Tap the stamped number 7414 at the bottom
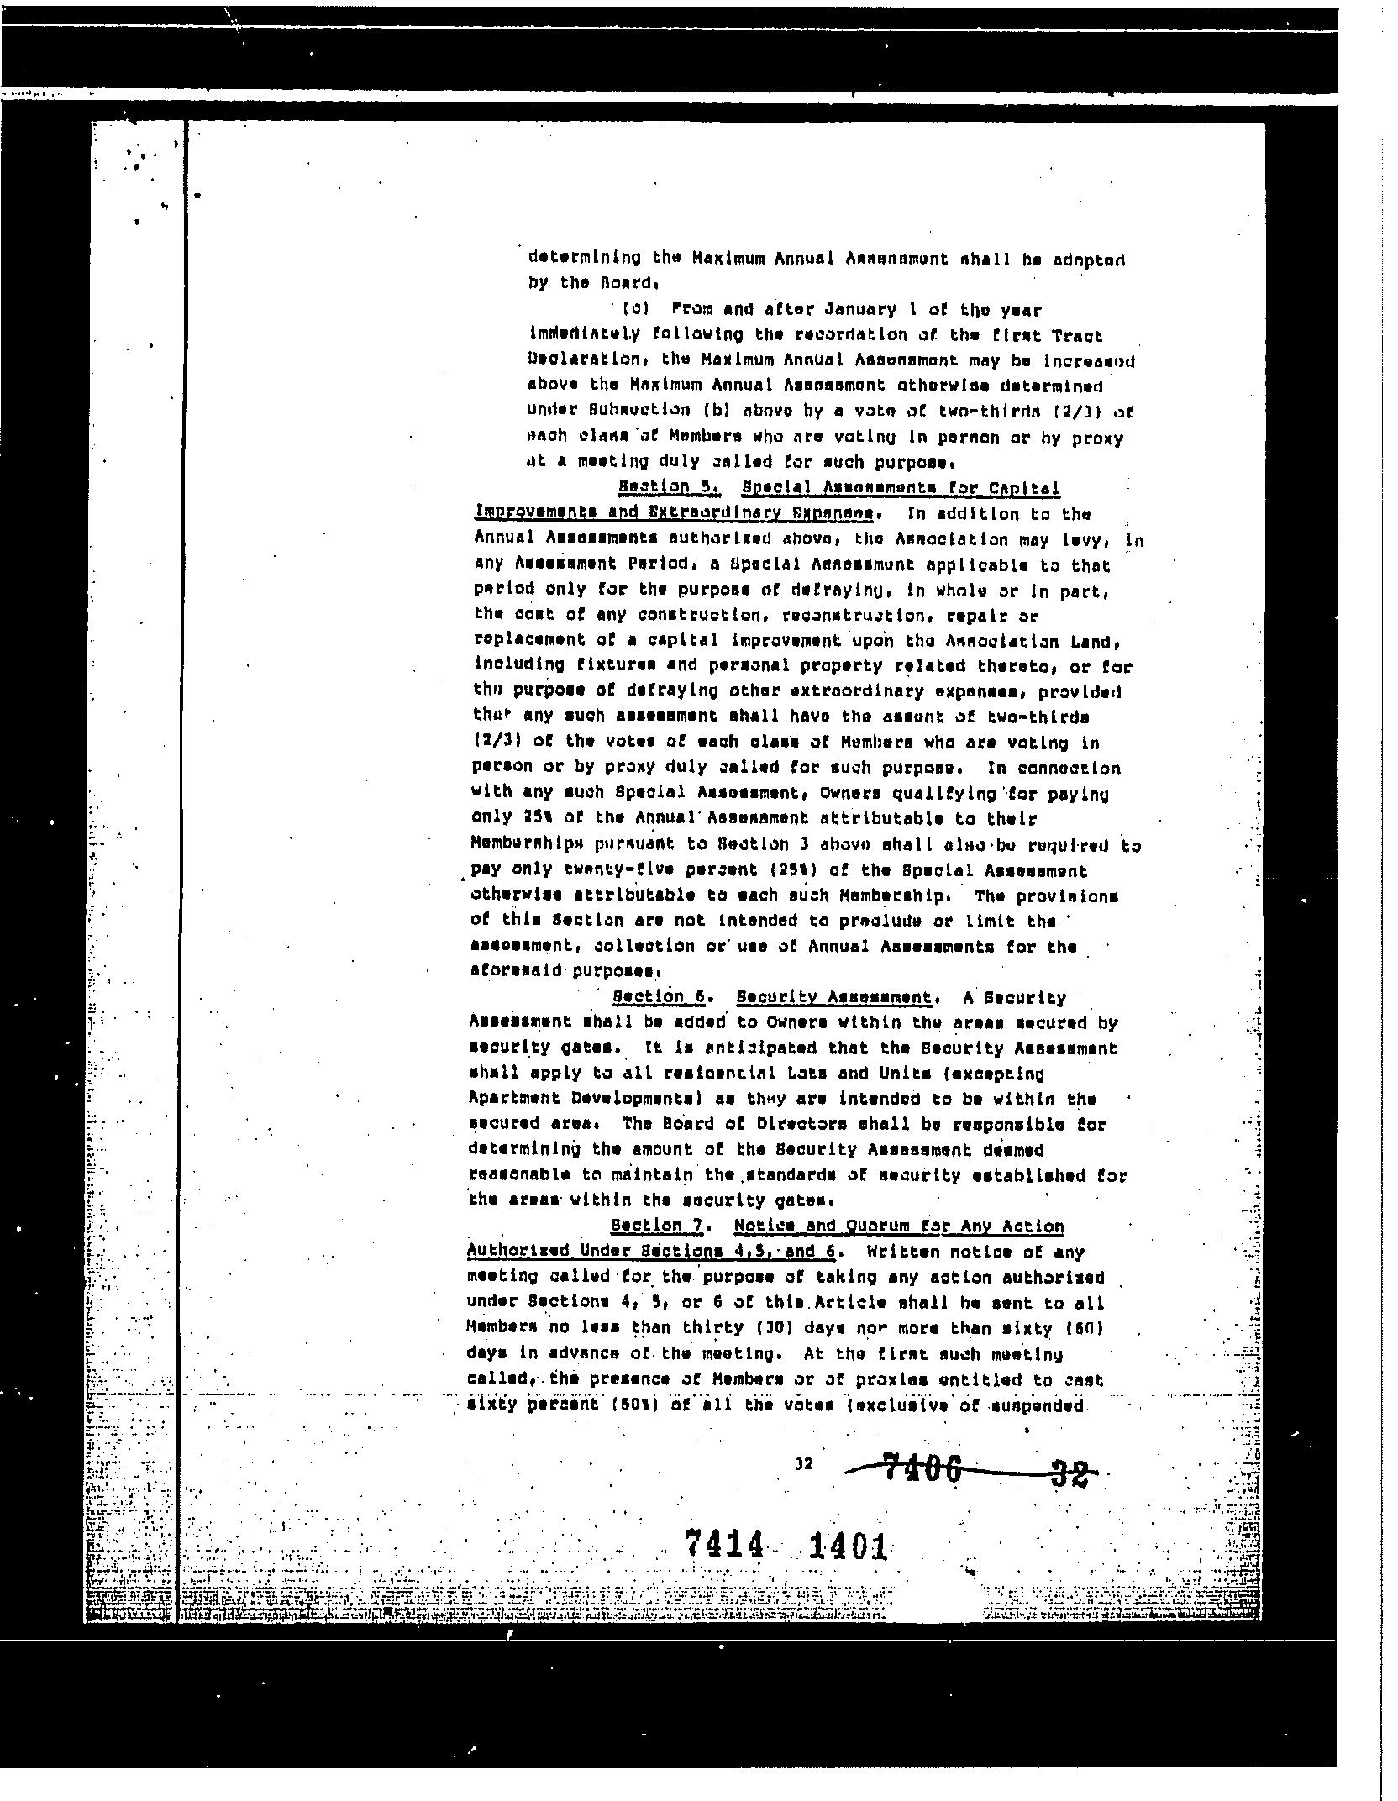(x=725, y=1543)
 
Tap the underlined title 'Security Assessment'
(x=833, y=997)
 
